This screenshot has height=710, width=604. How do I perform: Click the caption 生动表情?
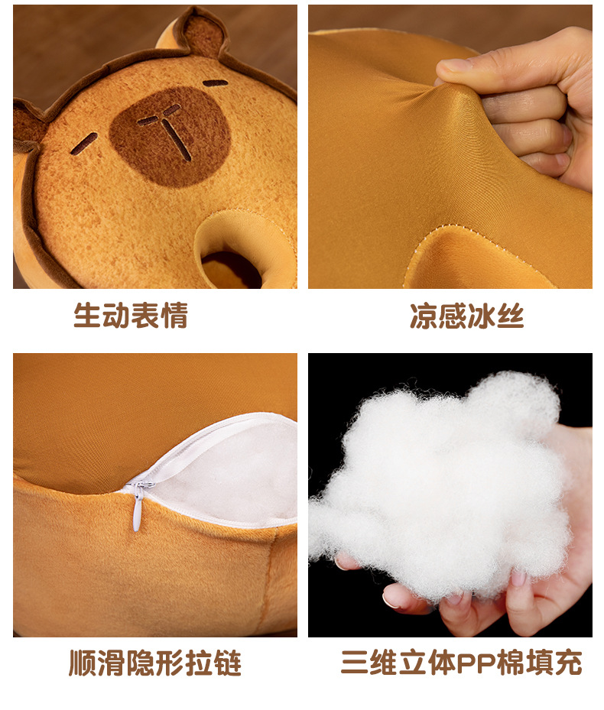pos(131,316)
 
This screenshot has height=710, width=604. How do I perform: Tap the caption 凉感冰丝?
pos(466,316)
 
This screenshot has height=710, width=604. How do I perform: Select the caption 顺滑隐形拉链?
pos(155,663)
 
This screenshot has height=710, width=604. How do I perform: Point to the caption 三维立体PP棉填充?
pos(461,663)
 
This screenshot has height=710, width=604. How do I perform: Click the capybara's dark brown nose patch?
pos(170,137)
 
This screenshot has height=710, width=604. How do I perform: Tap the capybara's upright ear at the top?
pos(195,31)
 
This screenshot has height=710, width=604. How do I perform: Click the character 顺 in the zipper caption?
pos(83,663)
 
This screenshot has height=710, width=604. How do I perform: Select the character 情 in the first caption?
pos(174,316)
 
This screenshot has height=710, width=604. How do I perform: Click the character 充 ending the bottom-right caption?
pos(568,663)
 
